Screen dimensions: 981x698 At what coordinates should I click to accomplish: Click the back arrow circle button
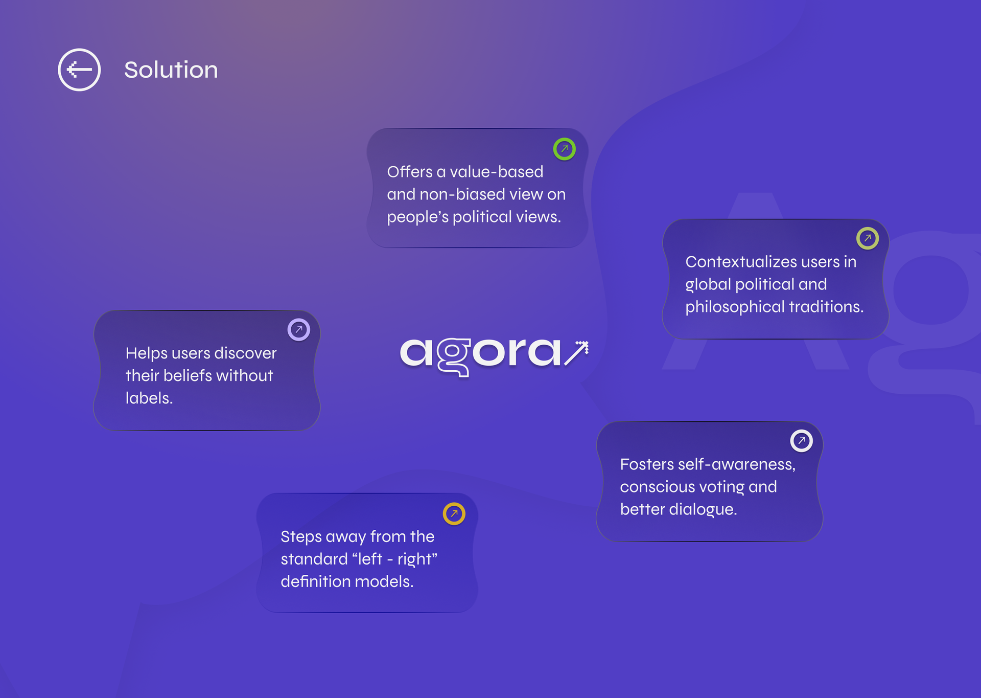point(79,70)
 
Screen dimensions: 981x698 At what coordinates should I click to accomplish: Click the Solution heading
point(171,70)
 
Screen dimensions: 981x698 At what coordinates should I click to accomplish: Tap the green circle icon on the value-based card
point(565,149)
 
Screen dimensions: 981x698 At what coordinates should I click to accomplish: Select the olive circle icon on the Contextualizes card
point(868,238)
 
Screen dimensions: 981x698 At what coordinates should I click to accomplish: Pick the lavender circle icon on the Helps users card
point(299,330)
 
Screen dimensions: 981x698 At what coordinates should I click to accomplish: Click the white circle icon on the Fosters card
point(802,441)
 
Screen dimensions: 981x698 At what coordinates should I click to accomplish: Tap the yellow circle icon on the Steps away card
point(454,514)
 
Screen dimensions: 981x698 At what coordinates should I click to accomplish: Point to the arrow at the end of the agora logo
point(576,353)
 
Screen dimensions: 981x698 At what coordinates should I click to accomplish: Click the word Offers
point(410,172)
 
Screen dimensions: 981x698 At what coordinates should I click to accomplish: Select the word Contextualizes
point(741,262)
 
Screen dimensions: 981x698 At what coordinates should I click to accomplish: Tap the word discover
point(245,353)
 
